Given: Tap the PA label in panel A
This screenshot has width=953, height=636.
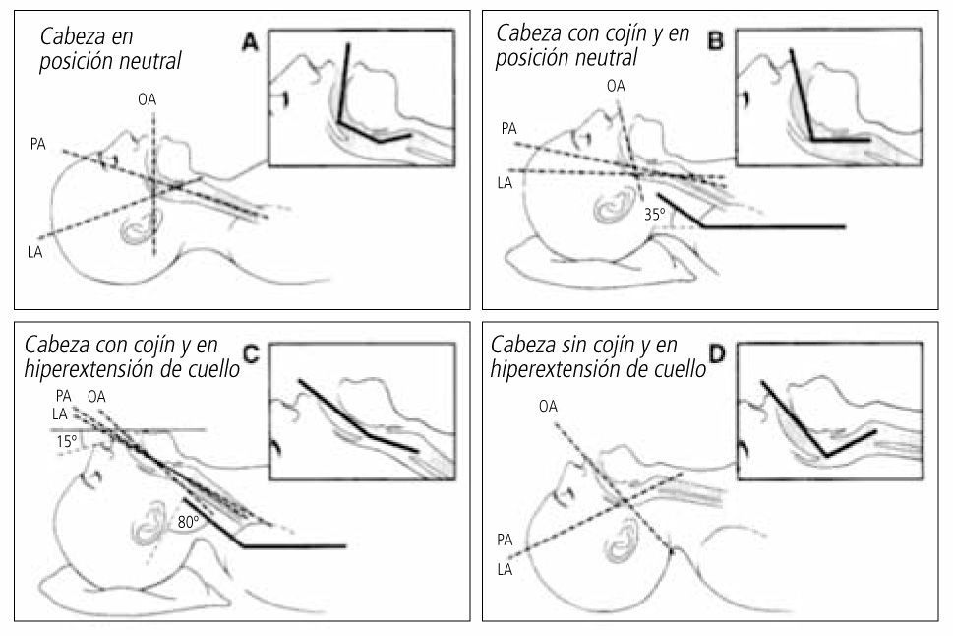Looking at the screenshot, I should pyautogui.click(x=38, y=144).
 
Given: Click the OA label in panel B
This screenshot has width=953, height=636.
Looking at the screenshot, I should pyautogui.click(x=617, y=87).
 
